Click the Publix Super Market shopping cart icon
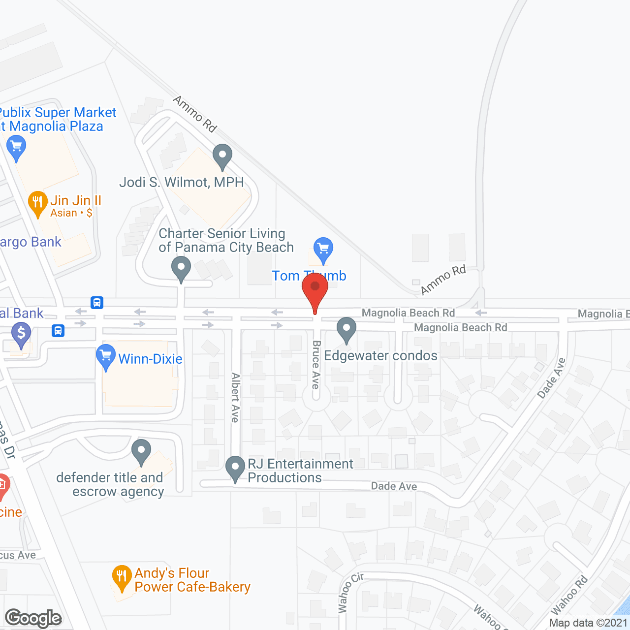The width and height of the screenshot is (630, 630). (x=16, y=147)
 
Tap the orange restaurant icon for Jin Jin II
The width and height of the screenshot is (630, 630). (x=37, y=202)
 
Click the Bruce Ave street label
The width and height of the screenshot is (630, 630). (x=316, y=364)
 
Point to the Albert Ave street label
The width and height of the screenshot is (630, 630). (x=236, y=397)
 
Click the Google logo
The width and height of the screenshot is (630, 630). (x=33, y=618)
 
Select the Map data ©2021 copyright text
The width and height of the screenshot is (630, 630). (x=588, y=623)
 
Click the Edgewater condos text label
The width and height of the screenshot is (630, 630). (x=380, y=355)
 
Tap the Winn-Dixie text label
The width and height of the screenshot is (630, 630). (x=150, y=359)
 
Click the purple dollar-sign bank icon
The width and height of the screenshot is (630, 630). (x=21, y=334)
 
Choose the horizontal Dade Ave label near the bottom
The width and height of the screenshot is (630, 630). (x=394, y=486)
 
